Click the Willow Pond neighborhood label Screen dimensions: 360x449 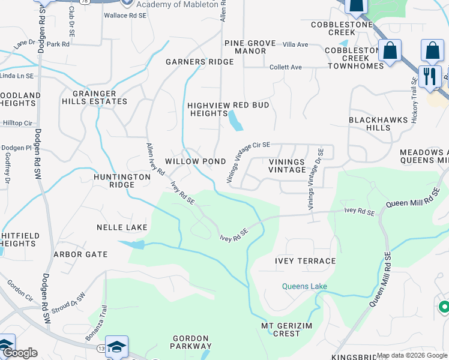pos(195,162)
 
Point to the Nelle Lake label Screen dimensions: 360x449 pos(122,228)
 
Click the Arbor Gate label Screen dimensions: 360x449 pos(80,254)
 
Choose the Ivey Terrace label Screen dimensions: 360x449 pos(305,261)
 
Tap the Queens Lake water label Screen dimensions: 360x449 pos(305,286)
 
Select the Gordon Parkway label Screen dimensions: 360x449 pos(191,342)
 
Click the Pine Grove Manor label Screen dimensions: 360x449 pos(250,47)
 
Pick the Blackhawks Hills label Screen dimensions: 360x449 pos(378,124)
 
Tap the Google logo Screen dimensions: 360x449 pos(19,353)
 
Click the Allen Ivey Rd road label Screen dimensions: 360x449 pos(156,159)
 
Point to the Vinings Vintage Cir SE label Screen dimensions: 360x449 pos(249,162)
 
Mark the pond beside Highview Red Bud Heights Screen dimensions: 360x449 pos(235,122)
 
